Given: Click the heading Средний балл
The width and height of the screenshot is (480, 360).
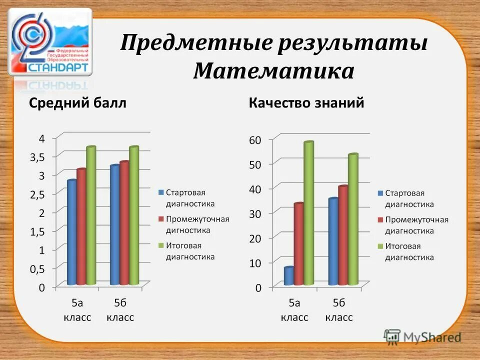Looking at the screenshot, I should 77,103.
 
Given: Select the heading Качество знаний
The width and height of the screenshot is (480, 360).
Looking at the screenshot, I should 306,103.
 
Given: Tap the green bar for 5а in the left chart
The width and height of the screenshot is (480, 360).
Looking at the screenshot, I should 90,216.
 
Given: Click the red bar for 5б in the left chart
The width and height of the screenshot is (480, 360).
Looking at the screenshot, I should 124,223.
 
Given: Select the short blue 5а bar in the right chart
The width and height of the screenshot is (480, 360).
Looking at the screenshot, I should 288,276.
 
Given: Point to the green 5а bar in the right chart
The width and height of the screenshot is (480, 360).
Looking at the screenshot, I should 308,213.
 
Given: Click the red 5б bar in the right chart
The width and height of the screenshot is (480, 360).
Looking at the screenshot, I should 342,235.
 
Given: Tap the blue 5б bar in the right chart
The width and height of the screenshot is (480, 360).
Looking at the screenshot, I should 332,241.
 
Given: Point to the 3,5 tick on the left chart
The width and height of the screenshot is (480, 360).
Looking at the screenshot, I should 37,156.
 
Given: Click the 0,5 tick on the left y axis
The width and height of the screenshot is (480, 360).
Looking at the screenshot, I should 37,268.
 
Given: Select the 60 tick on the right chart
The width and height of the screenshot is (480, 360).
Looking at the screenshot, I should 255,140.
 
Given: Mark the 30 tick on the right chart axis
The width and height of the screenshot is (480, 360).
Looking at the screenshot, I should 255,213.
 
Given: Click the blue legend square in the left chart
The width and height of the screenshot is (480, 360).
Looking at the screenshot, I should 161,192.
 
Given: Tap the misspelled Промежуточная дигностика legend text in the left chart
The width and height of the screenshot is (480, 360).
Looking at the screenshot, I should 197,225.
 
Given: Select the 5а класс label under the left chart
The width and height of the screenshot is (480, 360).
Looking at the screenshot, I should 77,310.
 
